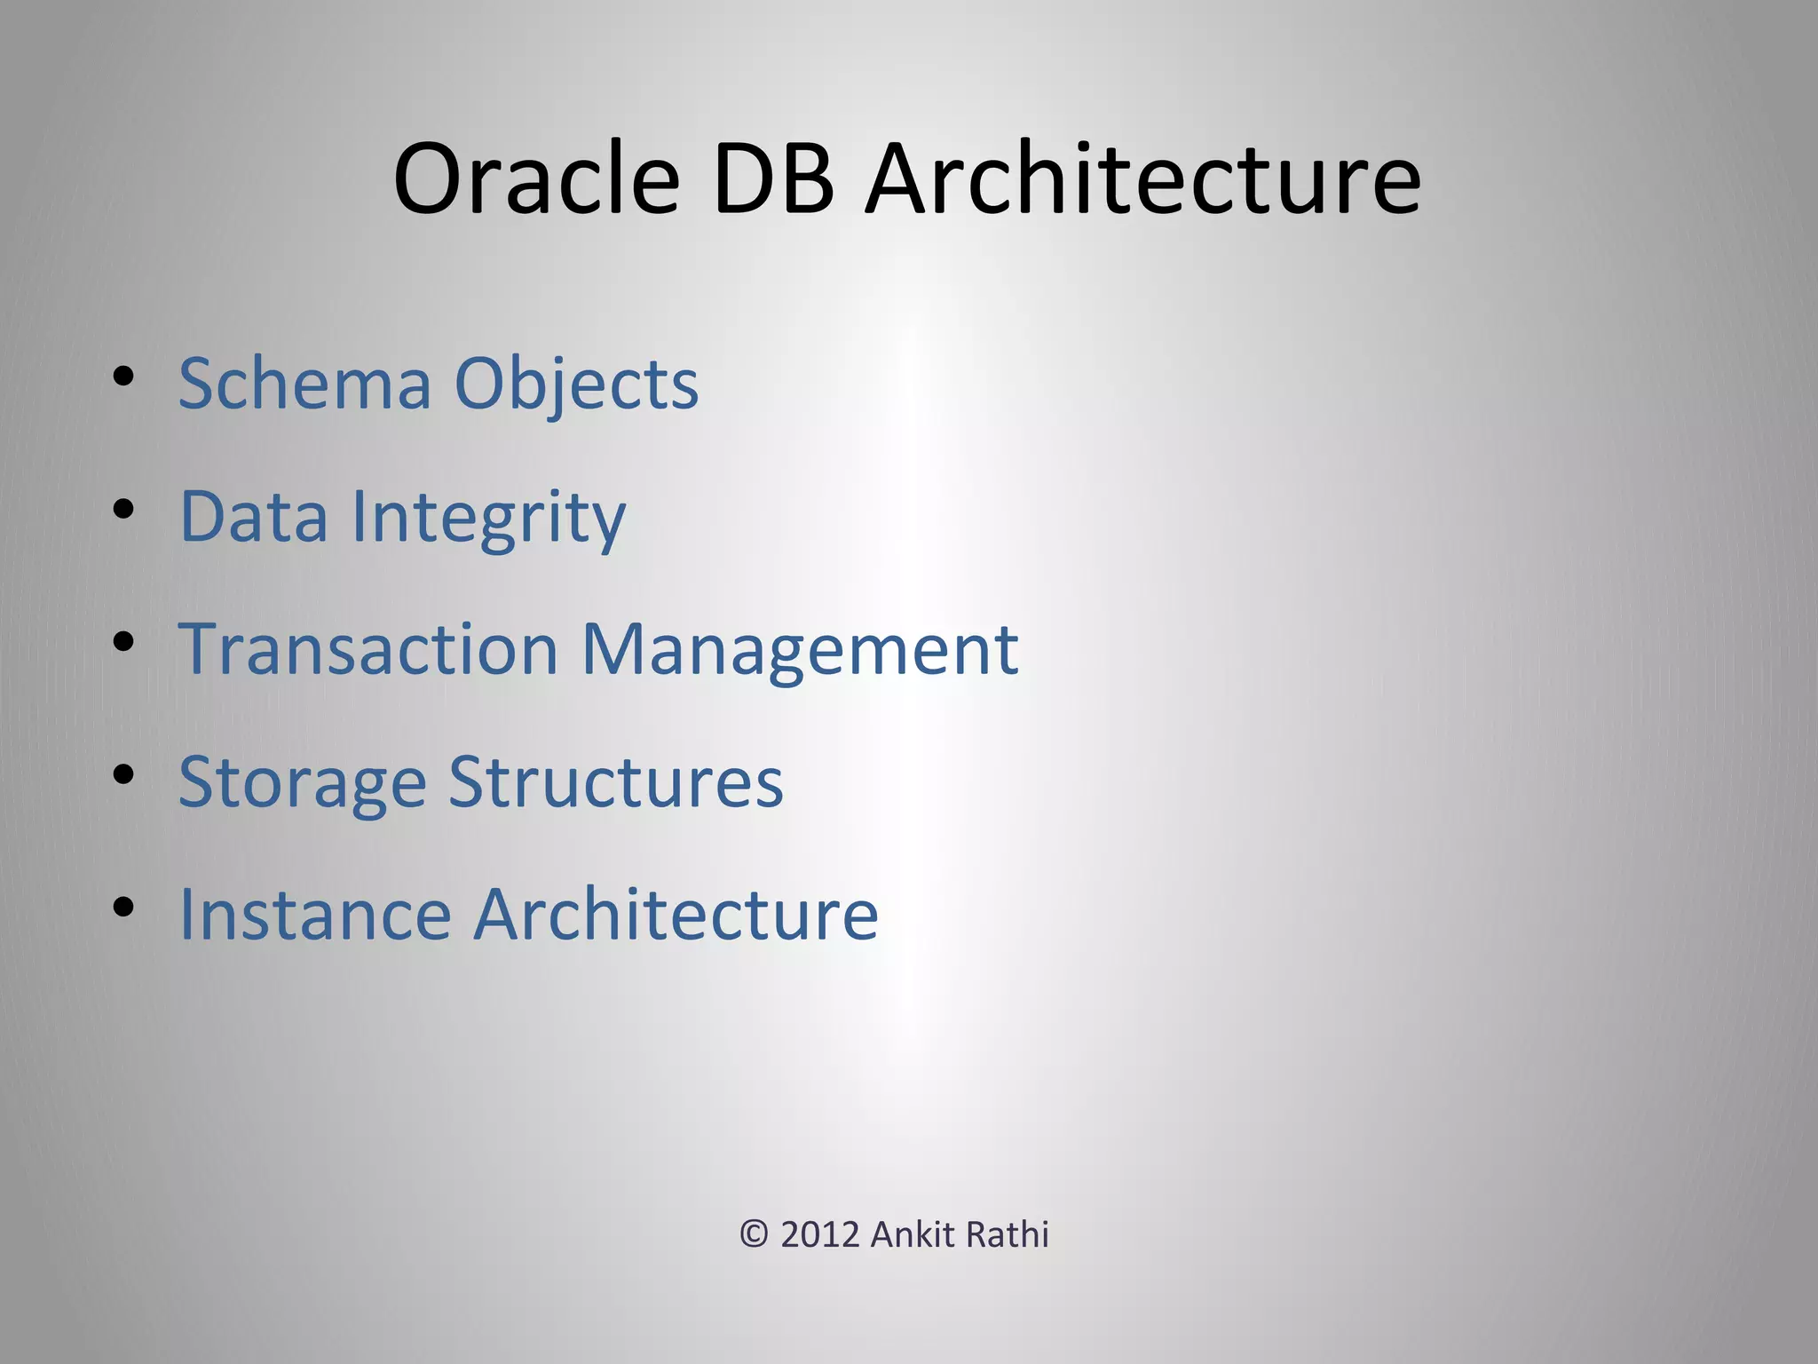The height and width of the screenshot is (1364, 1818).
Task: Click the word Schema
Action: (x=304, y=384)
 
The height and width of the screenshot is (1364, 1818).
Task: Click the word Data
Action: (x=254, y=516)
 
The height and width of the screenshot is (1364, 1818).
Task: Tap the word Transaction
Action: (x=368, y=649)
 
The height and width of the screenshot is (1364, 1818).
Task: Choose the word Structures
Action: (x=616, y=781)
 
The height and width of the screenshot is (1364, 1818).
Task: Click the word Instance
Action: (x=315, y=914)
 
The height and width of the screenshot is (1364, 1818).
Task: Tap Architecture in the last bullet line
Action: (x=676, y=914)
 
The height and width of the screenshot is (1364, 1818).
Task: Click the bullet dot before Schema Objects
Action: (x=123, y=377)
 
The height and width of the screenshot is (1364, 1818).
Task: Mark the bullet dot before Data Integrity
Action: (x=123, y=510)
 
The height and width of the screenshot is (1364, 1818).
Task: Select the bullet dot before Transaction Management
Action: (x=123, y=642)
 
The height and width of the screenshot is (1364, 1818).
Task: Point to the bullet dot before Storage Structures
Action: (x=123, y=774)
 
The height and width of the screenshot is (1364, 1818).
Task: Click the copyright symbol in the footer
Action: (x=754, y=1234)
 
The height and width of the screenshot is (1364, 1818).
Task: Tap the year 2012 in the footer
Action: (x=820, y=1234)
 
